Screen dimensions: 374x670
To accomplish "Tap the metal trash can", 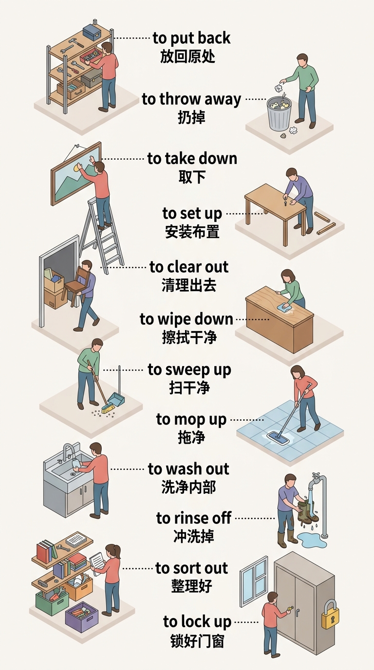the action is click(279, 113).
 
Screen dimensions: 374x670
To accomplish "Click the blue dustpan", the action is click(115, 399).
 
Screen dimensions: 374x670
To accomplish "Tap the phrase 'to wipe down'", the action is click(187, 319).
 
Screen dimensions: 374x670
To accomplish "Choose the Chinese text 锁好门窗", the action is click(198, 641).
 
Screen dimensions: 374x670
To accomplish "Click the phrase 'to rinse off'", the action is click(194, 518).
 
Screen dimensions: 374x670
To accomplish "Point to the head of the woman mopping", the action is click(298, 372).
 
